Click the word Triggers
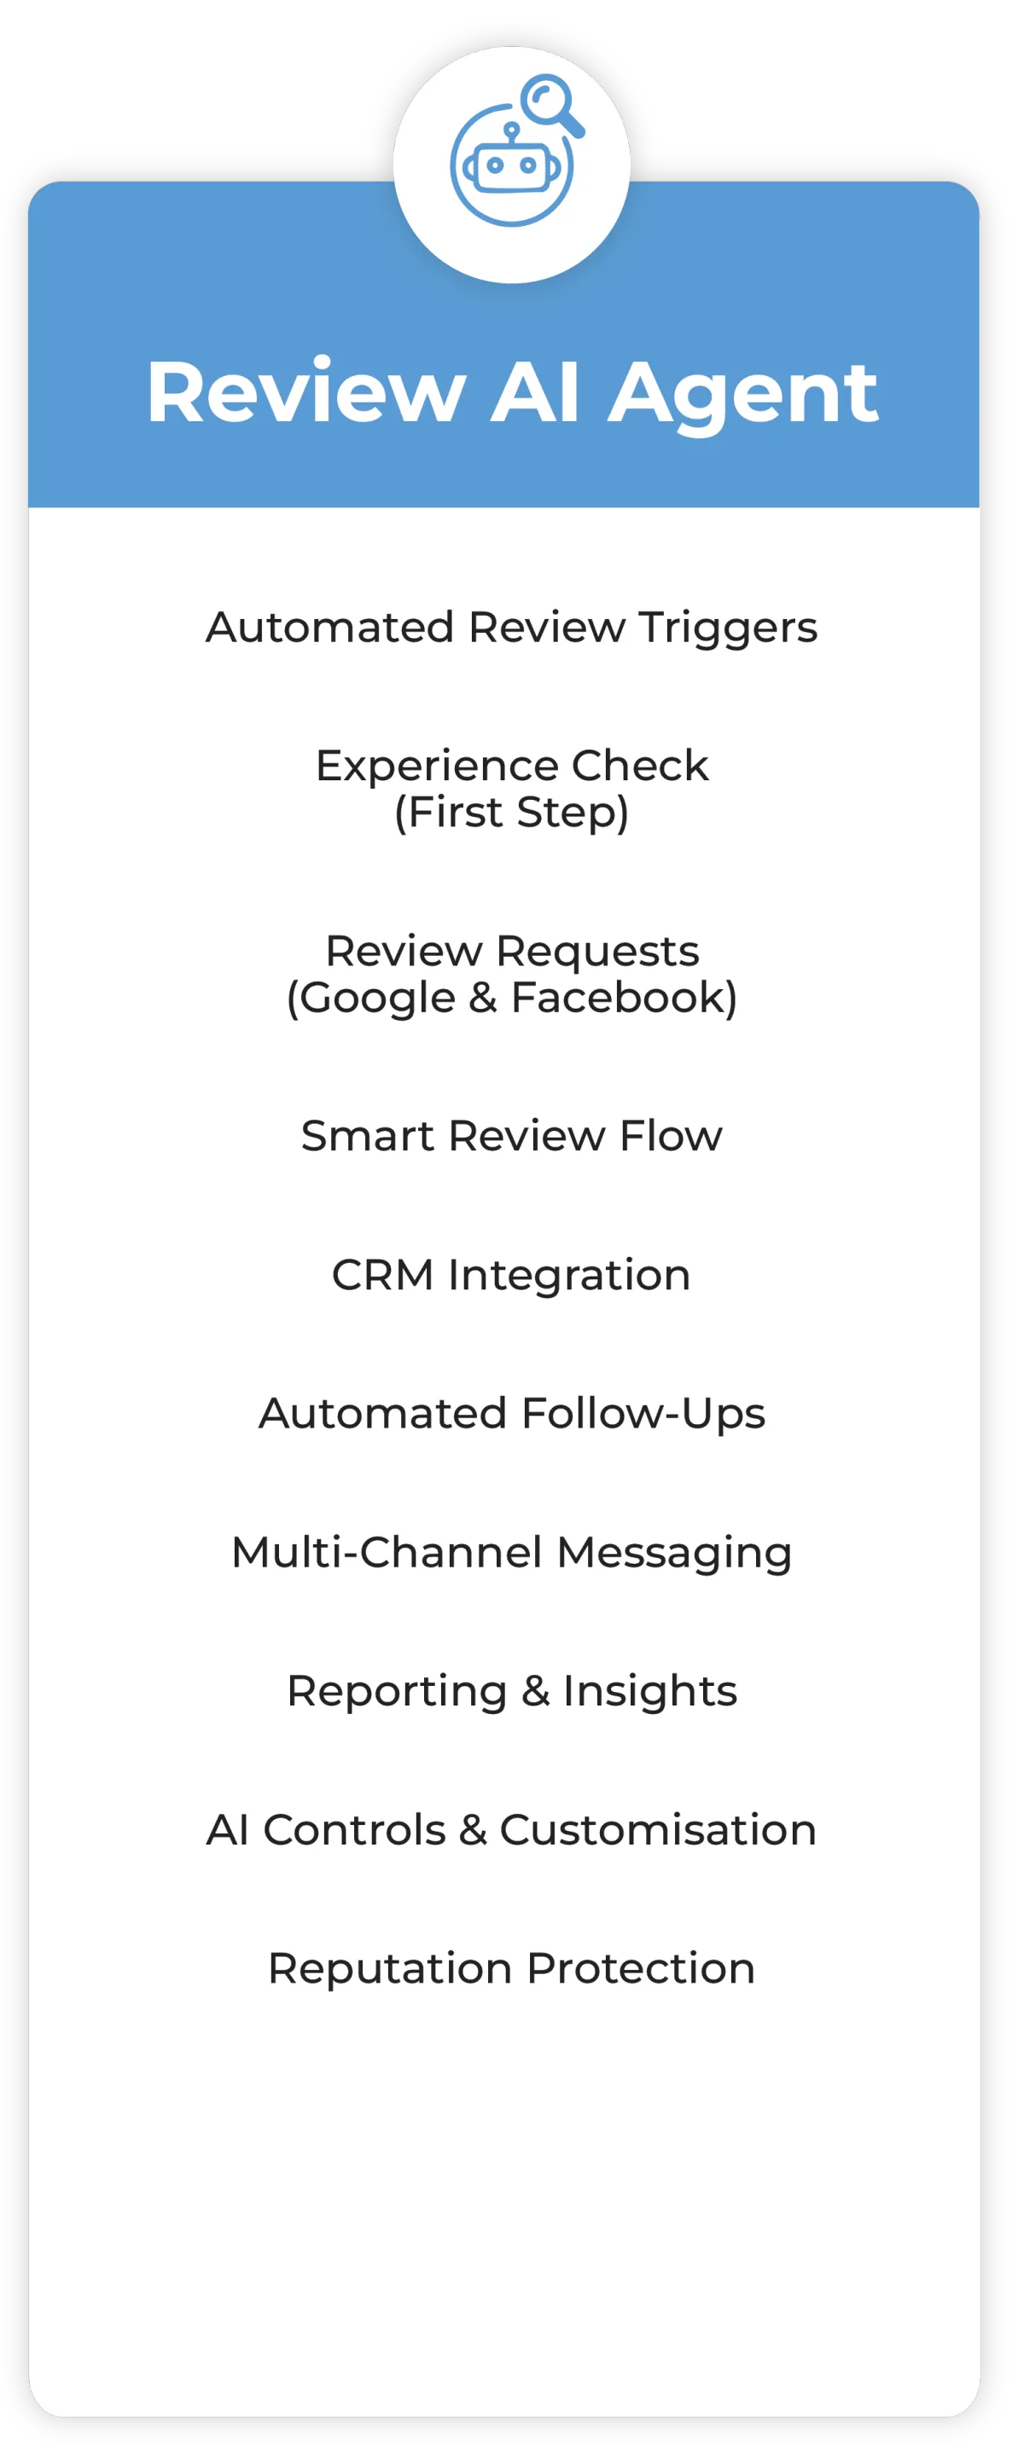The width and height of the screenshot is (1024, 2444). coord(727,629)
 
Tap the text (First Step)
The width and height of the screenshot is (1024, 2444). coord(511,813)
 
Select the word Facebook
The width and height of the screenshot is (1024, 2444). coord(624,998)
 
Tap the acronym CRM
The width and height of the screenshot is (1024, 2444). coord(382,1275)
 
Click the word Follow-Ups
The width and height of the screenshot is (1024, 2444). coord(643,1415)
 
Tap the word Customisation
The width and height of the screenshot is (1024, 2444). coord(658,1830)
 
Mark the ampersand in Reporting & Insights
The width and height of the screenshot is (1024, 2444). coord(535,1692)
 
